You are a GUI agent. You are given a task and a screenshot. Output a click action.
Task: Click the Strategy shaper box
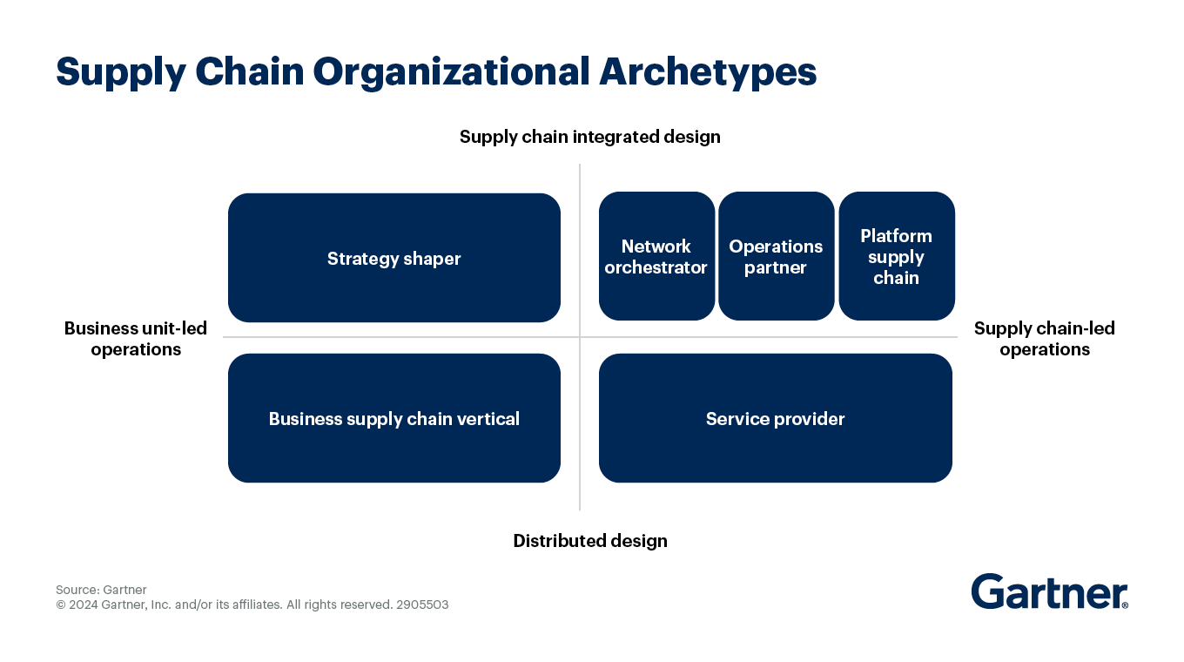click(394, 258)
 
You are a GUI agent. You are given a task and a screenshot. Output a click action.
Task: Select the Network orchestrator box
click(656, 256)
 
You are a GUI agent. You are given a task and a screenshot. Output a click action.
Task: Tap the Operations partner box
click(776, 256)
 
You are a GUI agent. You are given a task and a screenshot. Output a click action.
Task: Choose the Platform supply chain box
click(896, 256)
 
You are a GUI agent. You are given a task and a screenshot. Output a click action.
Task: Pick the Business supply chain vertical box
click(394, 418)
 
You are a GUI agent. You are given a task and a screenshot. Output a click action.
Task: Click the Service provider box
click(775, 418)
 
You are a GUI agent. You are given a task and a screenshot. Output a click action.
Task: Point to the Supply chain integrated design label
click(589, 137)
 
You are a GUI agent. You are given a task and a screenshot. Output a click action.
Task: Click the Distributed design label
click(589, 541)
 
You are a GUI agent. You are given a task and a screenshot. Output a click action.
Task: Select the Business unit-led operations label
click(136, 339)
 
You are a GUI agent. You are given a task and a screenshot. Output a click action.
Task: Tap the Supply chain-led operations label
click(1044, 339)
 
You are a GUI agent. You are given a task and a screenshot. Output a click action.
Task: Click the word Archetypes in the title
click(708, 72)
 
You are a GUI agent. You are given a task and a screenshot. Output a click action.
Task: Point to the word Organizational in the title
click(451, 72)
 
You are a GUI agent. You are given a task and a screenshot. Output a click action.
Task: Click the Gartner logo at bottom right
click(1048, 591)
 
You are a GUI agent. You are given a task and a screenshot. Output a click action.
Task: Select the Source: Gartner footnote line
click(101, 590)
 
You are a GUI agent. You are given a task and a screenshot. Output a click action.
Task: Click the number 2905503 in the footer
click(422, 605)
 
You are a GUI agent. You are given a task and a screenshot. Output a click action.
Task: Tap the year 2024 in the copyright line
click(84, 605)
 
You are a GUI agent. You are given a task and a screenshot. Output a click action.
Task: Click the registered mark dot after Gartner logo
click(1125, 605)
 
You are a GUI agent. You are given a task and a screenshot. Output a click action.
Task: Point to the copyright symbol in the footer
click(61, 605)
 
